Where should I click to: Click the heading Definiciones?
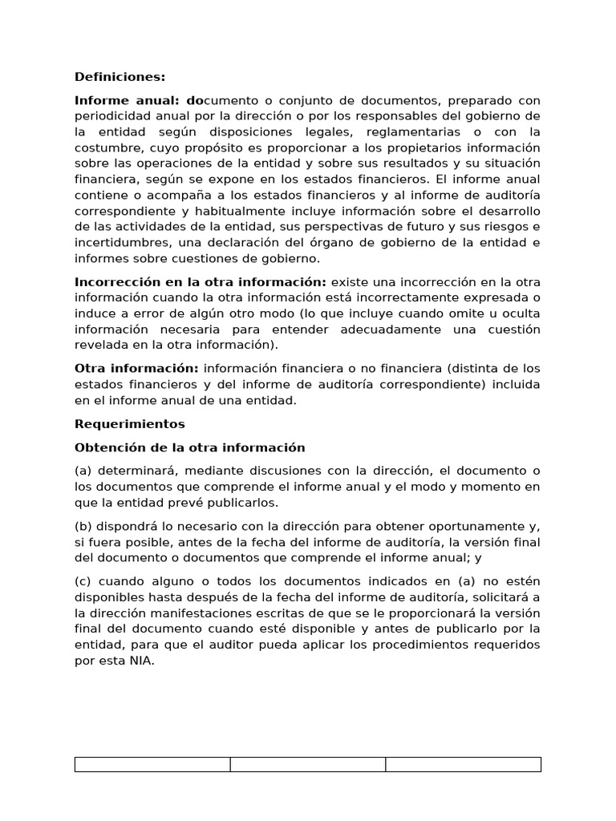click(120, 77)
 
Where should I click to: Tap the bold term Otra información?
click(136, 368)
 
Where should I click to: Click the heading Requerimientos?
click(130, 423)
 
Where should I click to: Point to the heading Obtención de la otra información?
click(190, 447)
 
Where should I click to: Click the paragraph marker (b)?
click(83, 525)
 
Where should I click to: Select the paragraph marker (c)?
click(83, 580)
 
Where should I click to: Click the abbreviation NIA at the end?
click(141, 660)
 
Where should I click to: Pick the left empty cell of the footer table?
click(152, 764)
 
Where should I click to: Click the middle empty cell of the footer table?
click(308, 764)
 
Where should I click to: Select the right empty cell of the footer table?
click(463, 764)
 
